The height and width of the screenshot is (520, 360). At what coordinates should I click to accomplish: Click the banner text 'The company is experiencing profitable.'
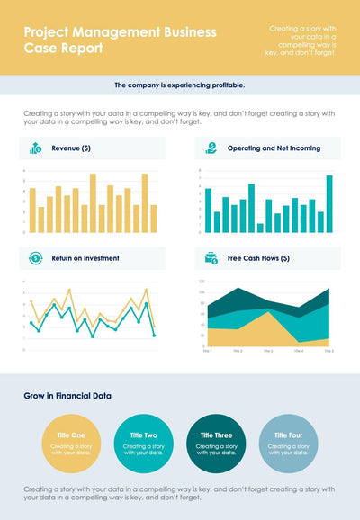180,85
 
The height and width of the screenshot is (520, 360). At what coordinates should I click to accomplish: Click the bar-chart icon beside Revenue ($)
35,148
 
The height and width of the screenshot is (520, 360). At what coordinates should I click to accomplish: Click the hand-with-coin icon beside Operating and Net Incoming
211,148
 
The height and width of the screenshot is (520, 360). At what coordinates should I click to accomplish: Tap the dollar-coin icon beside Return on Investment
35,258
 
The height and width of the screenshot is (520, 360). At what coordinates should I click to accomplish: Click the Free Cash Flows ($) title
258,258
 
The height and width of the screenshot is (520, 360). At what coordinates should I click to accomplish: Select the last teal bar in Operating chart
329,204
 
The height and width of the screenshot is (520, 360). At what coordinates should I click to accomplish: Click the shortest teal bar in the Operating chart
260,228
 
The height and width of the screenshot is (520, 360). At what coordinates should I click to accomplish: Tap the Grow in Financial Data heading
67,395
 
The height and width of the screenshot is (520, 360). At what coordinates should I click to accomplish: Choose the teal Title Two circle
143,443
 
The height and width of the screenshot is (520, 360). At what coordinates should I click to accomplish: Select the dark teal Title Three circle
216,443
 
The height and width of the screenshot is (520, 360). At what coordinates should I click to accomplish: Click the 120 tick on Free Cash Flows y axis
202,281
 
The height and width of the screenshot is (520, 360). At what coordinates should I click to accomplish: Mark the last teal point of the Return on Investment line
154,335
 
